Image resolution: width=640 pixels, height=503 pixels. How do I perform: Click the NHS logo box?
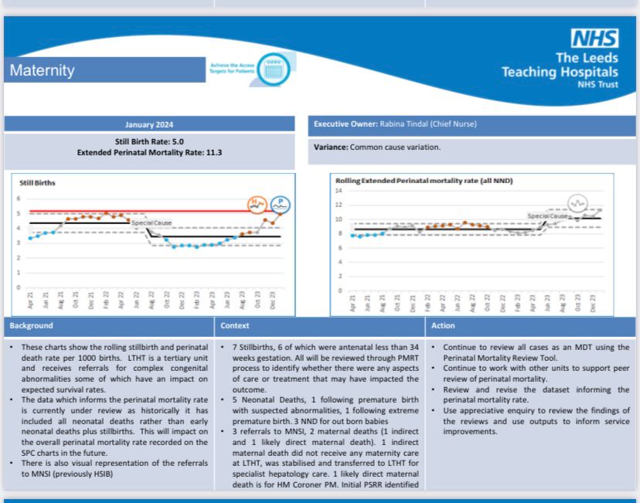coord(594,38)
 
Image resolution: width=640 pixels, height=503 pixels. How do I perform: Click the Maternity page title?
coord(43,70)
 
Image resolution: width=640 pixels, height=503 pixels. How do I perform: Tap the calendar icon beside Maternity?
coord(271,69)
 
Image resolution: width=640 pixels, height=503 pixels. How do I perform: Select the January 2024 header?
coord(149,124)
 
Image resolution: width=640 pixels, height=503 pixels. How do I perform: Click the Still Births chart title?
coord(37,183)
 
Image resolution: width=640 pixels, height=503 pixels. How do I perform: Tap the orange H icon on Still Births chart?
coord(257,204)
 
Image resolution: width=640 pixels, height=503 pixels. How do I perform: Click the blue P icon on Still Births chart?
coord(281,204)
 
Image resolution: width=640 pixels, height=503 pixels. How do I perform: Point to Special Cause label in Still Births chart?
coord(151,223)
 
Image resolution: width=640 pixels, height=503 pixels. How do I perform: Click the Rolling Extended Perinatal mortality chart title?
coord(424,180)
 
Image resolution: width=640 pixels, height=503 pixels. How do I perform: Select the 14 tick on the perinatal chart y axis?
coord(339,190)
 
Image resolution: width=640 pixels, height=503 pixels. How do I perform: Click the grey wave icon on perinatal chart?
coord(577,203)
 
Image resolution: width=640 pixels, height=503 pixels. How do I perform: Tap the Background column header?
coord(31,326)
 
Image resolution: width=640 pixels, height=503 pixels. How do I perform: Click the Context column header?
coord(235,326)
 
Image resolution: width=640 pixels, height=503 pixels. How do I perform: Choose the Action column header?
coord(443,326)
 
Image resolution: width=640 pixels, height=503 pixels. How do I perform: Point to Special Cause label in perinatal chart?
coord(546,216)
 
